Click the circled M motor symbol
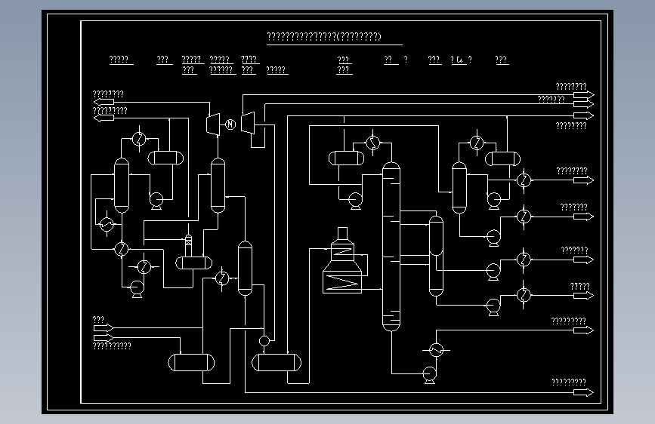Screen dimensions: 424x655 point(230,124)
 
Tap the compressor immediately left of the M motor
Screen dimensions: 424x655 point(213,122)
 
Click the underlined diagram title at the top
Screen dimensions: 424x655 point(324,37)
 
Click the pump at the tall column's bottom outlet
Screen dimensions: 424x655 point(429,373)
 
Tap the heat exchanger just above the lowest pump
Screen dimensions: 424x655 point(436,349)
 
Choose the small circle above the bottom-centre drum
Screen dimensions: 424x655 point(264,341)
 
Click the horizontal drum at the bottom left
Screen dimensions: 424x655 point(191,362)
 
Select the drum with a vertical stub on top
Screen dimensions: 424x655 point(193,262)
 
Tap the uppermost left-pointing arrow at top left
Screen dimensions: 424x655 point(104,102)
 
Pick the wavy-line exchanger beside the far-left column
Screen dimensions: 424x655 point(107,225)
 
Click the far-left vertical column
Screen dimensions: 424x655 point(121,185)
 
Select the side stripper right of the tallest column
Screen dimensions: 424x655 point(436,255)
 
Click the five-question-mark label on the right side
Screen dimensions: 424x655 point(579,286)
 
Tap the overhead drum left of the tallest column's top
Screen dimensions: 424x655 point(346,158)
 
